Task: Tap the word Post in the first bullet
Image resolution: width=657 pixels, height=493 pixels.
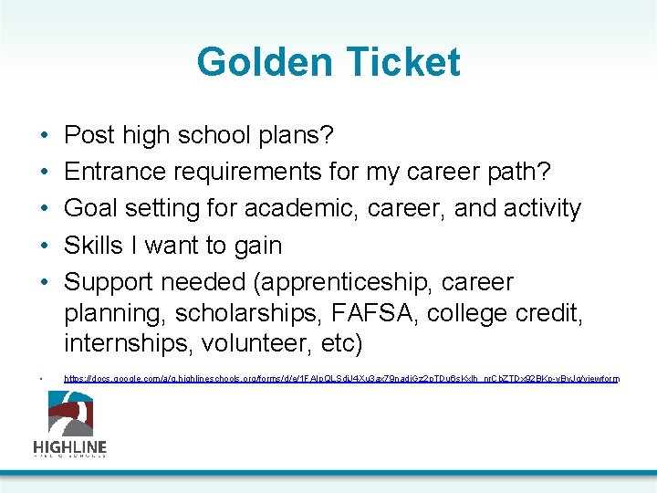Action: click(89, 135)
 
